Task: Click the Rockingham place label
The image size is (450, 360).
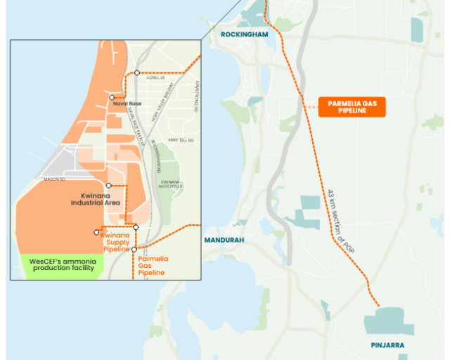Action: click(x=245, y=34)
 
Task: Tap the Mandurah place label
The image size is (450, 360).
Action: click(x=224, y=240)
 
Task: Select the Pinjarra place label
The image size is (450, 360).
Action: click(x=387, y=345)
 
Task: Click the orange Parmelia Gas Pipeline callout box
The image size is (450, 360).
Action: click(x=352, y=106)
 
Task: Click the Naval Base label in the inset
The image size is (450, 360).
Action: click(x=127, y=103)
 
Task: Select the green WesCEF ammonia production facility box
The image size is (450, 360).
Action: click(x=63, y=265)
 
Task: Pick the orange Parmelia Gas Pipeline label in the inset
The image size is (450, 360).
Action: click(x=153, y=266)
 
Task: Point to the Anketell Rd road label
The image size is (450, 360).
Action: click(x=181, y=140)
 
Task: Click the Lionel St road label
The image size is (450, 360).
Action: click(x=155, y=78)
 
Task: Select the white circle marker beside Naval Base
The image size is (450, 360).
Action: click(x=112, y=97)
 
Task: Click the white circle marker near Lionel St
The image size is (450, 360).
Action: click(x=137, y=72)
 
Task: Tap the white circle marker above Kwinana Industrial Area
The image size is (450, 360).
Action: click(x=108, y=186)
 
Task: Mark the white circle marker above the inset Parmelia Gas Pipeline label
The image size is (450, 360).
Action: click(x=134, y=249)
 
